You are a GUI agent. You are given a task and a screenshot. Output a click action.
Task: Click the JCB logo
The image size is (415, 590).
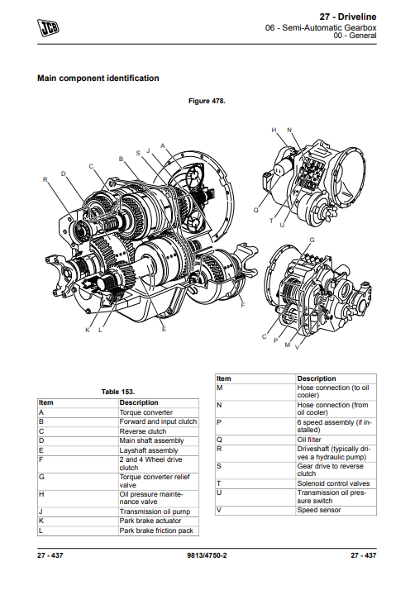point(48,28)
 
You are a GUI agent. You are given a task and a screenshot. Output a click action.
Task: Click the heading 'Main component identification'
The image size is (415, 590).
point(98,79)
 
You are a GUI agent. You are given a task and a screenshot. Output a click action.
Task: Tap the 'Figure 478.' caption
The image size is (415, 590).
point(207,101)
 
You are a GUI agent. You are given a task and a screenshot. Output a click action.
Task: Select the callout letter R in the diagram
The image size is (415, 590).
point(45,179)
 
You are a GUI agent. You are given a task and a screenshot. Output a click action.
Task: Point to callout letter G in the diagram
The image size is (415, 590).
point(312,240)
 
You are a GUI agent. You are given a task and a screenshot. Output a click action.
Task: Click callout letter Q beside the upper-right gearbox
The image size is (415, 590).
point(256,210)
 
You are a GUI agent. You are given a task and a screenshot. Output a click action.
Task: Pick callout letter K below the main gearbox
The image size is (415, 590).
point(88,330)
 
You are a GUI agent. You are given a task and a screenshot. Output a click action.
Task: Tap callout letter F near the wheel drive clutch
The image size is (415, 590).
point(242,305)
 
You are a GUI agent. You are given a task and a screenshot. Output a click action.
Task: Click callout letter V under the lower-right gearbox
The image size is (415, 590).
point(297,347)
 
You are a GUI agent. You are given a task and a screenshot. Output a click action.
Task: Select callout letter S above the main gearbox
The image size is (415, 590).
point(138,153)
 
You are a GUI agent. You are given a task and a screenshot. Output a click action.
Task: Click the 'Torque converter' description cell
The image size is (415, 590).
point(146,412)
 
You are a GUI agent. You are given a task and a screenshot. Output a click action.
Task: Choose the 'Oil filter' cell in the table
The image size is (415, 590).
point(309,440)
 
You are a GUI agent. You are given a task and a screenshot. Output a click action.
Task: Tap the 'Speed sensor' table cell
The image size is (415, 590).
point(318,510)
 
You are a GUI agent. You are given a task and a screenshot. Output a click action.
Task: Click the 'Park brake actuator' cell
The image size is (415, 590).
point(150,521)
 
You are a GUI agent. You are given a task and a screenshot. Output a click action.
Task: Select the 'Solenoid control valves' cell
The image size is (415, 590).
point(333,483)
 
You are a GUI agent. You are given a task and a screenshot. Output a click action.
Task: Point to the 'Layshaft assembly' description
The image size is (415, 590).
point(148,450)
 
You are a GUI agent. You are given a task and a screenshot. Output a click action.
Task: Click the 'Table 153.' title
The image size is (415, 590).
point(118,392)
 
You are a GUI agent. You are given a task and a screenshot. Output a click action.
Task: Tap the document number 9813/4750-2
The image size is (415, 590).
point(207,555)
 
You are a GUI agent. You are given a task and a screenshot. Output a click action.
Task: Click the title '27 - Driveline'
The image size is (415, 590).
point(348,17)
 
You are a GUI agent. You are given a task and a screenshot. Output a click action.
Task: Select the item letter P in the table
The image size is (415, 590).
point(219,422)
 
